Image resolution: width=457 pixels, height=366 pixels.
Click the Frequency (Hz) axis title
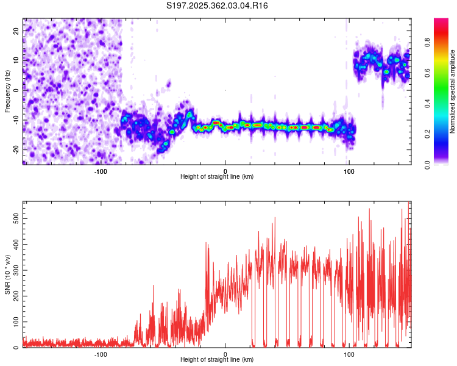pos(7,91)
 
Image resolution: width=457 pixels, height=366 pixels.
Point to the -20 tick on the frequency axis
pos(15,149)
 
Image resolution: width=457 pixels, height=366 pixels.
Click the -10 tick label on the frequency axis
pos(15,120)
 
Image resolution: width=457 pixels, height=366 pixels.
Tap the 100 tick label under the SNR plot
pos(349,354)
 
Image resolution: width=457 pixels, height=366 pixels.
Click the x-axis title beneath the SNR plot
pos(218,360)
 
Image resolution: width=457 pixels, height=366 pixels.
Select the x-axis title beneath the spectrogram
pos(218,177)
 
